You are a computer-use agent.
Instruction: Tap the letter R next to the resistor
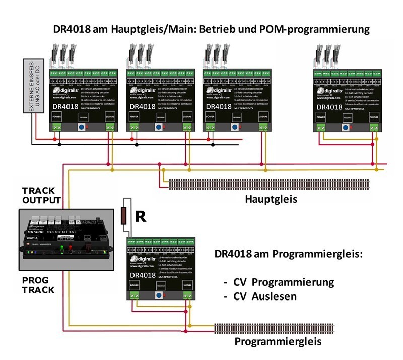[x=141, y=217]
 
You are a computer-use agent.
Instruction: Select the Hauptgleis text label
[x=271, y=199]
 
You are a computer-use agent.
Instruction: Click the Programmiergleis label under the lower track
[x=278, y=342]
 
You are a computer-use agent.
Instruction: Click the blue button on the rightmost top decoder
[x=345, y=127]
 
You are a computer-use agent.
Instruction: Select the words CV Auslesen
[x=265, y=297]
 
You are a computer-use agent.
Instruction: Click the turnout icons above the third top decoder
[x=218, y=54]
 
